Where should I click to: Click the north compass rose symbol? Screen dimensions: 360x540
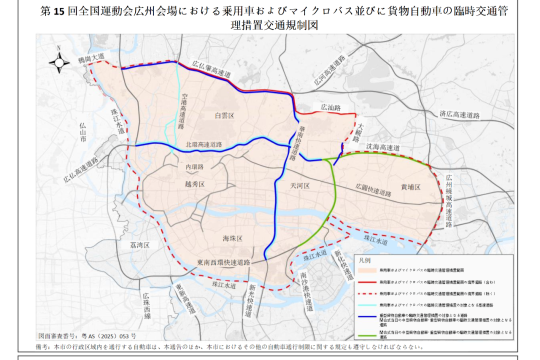59,61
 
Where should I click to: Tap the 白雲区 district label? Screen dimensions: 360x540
224,115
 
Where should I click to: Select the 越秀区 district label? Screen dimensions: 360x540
195,184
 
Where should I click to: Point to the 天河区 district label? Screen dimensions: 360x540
300,185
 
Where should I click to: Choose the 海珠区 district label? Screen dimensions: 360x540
232,238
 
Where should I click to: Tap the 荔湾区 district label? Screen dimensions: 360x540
140,245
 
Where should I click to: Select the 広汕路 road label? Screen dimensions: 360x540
330,107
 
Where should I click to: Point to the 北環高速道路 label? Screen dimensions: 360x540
203,144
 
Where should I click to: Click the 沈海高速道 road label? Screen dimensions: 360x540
383,148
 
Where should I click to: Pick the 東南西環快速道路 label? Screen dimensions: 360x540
223,262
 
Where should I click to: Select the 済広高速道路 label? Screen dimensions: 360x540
459,115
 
